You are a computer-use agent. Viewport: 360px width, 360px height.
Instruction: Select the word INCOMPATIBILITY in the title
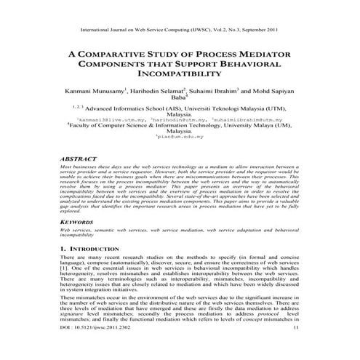[179, 74]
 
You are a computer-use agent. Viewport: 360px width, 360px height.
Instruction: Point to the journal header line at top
[179, 32]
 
